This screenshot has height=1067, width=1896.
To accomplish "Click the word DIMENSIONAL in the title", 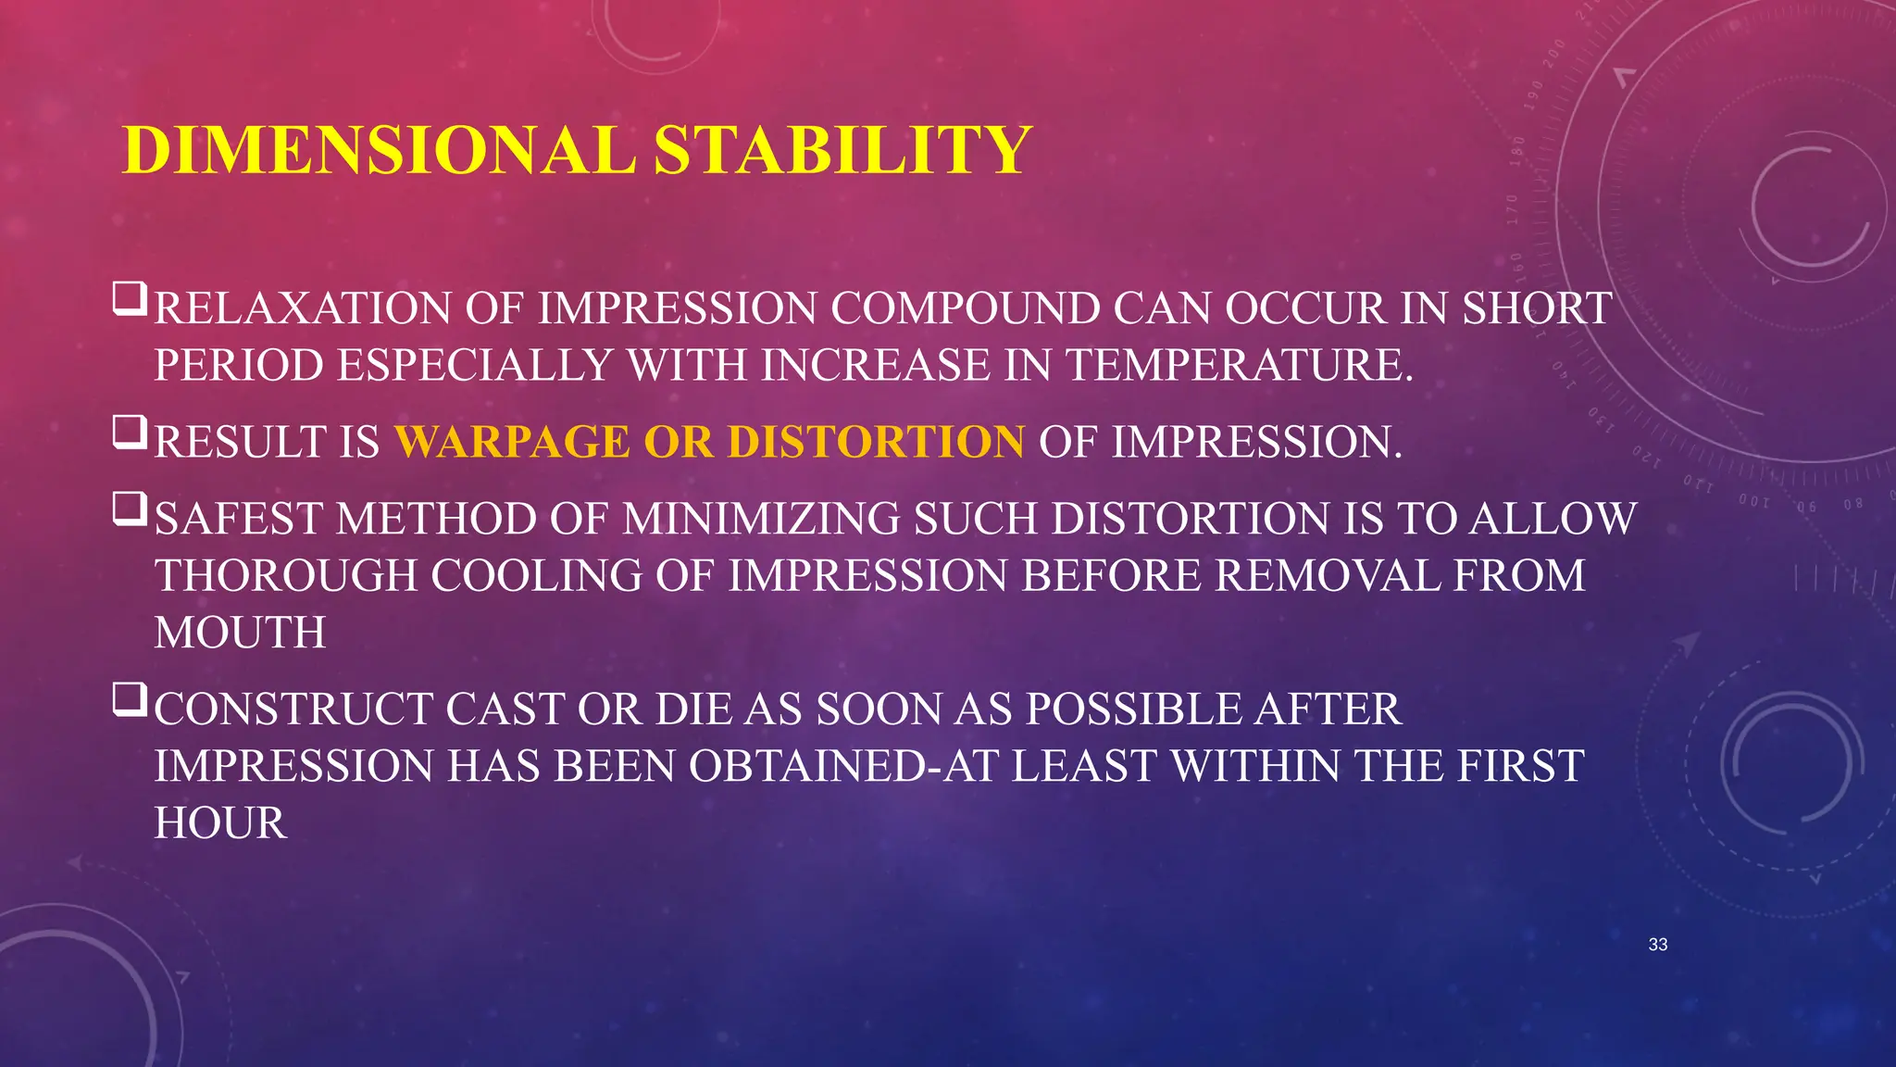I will pos(380,150).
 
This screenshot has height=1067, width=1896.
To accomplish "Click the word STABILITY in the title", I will pos(842,150).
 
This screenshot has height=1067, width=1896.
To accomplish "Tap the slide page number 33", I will pos(1658,945).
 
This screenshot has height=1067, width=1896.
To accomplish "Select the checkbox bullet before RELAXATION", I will pos(130,299).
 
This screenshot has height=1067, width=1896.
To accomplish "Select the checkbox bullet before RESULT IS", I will pos(130,433).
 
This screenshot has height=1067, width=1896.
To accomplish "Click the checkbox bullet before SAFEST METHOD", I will pos(130,509).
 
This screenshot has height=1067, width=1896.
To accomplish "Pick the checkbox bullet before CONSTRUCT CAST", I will pos(130,700).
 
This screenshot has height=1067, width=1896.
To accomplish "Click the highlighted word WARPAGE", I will pos(512,442).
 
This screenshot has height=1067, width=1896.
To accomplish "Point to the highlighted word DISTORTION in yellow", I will pos(876,442).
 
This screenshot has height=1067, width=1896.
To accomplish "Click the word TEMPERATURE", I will pos(1241,365).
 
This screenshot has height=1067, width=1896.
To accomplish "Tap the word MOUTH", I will pos(240,634).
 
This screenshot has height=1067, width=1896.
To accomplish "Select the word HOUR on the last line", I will pos(220,823).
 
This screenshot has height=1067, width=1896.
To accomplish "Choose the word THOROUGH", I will pos(286,576).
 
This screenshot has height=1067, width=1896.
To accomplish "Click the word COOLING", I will pos(536,576).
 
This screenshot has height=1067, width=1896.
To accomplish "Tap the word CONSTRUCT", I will pos(293,710).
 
